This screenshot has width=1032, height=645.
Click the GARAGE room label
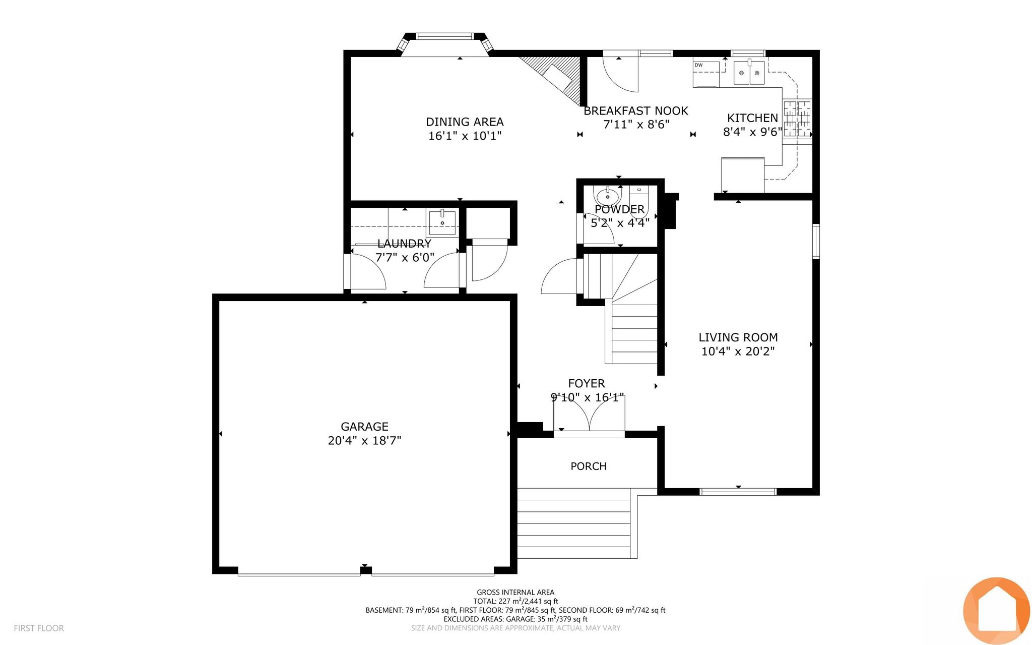(x=364, y=427)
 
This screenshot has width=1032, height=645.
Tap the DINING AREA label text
(x=465, y=122)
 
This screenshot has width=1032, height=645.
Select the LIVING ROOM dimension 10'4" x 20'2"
(x=738, y=351)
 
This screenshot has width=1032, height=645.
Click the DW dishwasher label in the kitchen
(x=698, y=65)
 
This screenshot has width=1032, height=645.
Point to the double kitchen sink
(x=749, y=73)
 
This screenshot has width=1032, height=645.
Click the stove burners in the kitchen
(x=797, y=119)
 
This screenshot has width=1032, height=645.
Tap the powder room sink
(x=608, y=196)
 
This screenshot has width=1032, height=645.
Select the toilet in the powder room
(x=638, y=202)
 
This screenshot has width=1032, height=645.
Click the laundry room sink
(x=442, y=222)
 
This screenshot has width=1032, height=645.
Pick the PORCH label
(x=588, y=466)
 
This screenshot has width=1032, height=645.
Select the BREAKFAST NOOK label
(x=636, y=111)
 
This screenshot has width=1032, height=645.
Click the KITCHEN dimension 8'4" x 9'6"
(x=752, y=132)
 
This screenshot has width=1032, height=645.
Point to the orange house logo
(x=996, y=611)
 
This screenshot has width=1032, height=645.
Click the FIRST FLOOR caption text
(x=39, y=628)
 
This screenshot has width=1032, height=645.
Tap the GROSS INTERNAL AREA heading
(x=515, y=593)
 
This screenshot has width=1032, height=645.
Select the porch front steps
(x=574, y=523)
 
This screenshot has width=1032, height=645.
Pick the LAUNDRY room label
(x=404, y=244)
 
